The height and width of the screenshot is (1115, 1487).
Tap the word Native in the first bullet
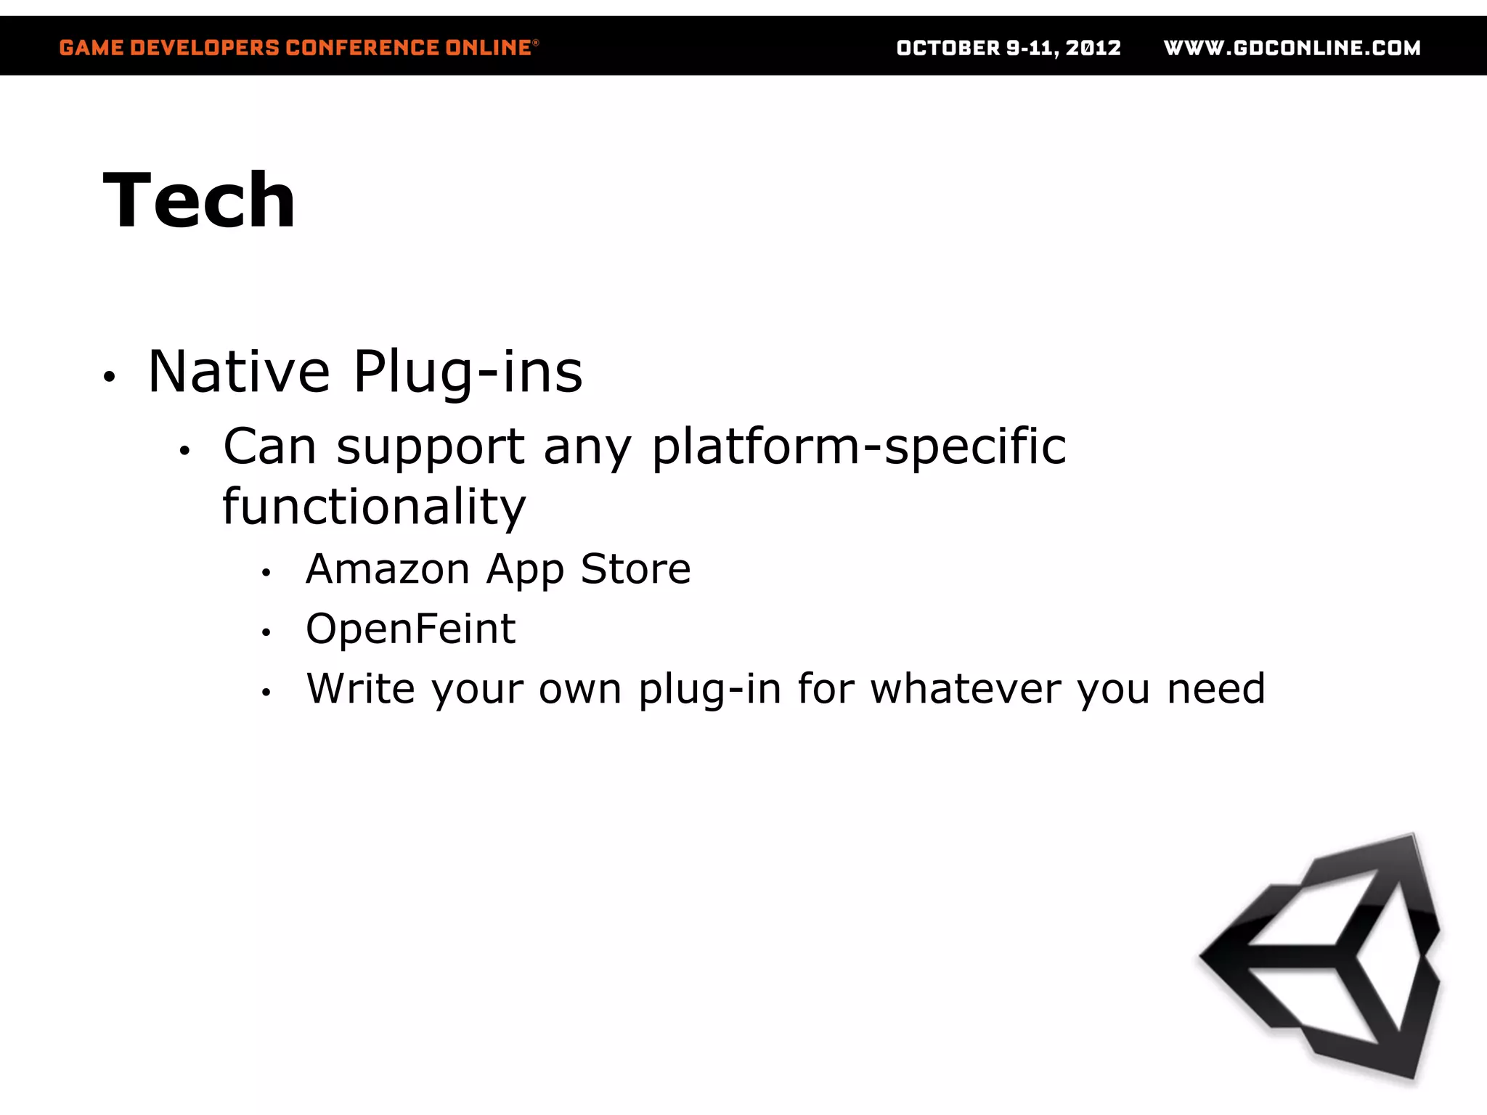[x=239, y=372]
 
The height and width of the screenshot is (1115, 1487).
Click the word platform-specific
[x=859, y=447]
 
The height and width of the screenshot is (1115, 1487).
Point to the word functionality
[x=374, y=507]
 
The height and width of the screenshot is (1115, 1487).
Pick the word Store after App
[x=635, y=568]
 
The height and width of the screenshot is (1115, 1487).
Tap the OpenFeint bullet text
[x=410, y=629]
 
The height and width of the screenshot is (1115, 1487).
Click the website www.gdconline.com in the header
[x=1292, y=48]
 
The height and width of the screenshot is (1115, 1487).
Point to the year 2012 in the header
[x=1093, y=48]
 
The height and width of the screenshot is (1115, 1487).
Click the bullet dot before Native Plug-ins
[x=109, y=377]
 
